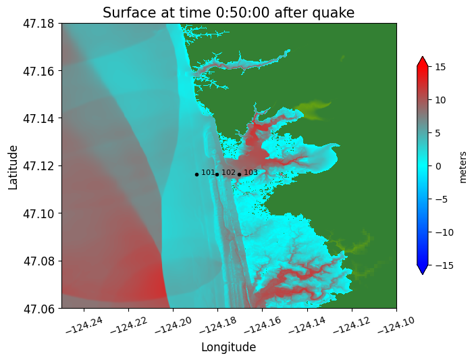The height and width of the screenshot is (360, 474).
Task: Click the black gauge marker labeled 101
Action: click(x=196, y=174)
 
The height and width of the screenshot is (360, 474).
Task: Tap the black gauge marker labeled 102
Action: click(x=217, y=174)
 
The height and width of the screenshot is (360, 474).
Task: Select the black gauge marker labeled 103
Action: click(x=239, y=174)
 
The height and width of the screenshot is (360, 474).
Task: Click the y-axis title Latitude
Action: click(x=14, y=166)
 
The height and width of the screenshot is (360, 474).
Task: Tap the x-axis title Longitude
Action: click(x=228, y=347)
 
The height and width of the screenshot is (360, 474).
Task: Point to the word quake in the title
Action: click(x=332, y=13)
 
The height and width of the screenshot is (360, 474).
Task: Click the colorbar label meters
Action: click(x=463, y=166)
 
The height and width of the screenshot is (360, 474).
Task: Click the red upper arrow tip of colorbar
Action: click(x=423, y=59)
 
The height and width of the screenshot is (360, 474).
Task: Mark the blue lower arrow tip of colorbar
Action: click(x=423, y=272)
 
